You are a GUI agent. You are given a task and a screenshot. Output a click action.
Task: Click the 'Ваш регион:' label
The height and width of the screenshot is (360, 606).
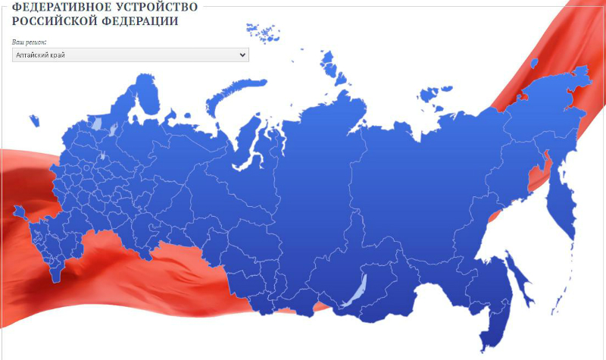(30, 42)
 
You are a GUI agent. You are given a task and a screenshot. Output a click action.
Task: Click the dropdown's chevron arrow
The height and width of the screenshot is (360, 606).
(242, 55)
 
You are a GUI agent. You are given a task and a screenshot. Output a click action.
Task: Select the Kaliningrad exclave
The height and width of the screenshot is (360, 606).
(33, 120)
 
